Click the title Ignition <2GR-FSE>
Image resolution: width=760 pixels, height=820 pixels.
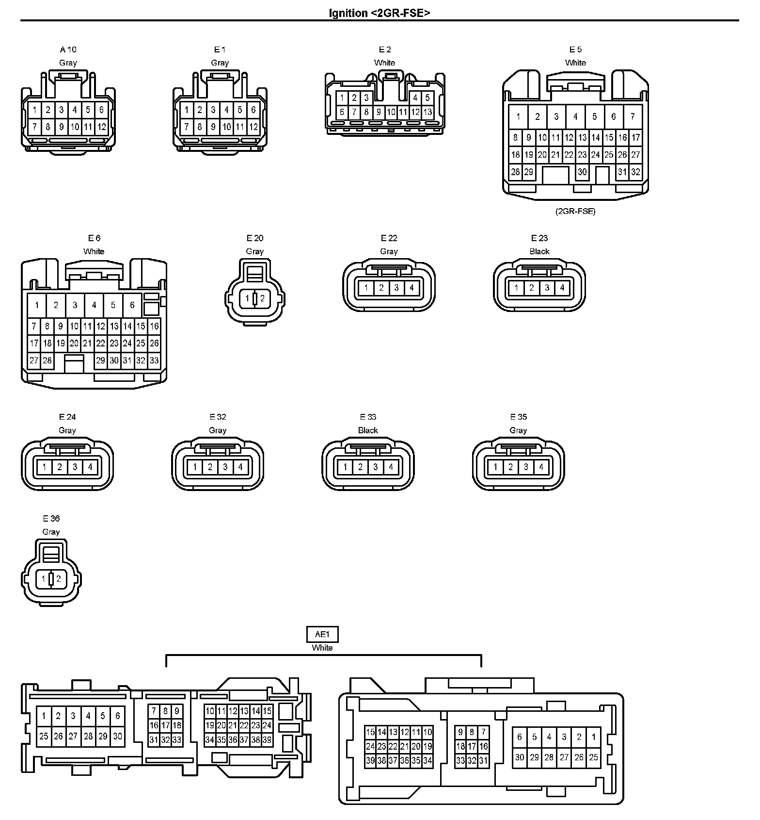pyautogui.click(x=380, y=13)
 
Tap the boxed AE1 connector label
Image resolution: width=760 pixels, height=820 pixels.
pyautogui.click(x=322, y=634)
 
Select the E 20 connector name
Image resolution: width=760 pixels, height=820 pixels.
pyautogui.click(x=255, y=238)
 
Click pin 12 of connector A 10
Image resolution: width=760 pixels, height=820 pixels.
pyautogui.click(x=101, y=128)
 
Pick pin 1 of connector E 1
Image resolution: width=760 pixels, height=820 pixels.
pyautogui.click(x=187, y=110)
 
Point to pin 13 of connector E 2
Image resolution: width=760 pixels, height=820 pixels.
pyautogui.click(x=427, y=112)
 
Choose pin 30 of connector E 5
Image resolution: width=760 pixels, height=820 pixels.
pyautogui.click(x=582, y=172)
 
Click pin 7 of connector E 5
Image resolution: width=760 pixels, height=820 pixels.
pyautogui.click(x=633, y=116)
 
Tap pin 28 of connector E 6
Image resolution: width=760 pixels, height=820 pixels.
pyautogui.click(x=47, y=361)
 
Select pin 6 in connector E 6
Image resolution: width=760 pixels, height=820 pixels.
pyautogui.click(x=132, y=305)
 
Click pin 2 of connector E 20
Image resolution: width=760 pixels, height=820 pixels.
pyautogui.click(x=262, y=298)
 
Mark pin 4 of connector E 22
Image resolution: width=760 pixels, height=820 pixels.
pyautogui.click(x=412, y=288)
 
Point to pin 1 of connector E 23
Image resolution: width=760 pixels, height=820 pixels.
pyautogui.click(x=517, y=288)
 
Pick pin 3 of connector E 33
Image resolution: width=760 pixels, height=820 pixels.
pyautogui.click(x=376, y=467)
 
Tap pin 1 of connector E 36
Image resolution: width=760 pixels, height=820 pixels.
pyautogui.click(x=44, y=579)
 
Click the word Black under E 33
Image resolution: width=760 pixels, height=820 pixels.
pyautogui.click(x=368, y=430)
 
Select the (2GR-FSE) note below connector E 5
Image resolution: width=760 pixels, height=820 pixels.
pyautogui.click(x=575, y=212)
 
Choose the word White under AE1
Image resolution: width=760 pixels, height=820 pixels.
pyautogui.click(x=322, y=648)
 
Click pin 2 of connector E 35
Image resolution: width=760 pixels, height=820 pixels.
pyautogui.click(x=510, y=467)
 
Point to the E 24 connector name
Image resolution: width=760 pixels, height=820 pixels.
pyautogui.click(x=68, y=417)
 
